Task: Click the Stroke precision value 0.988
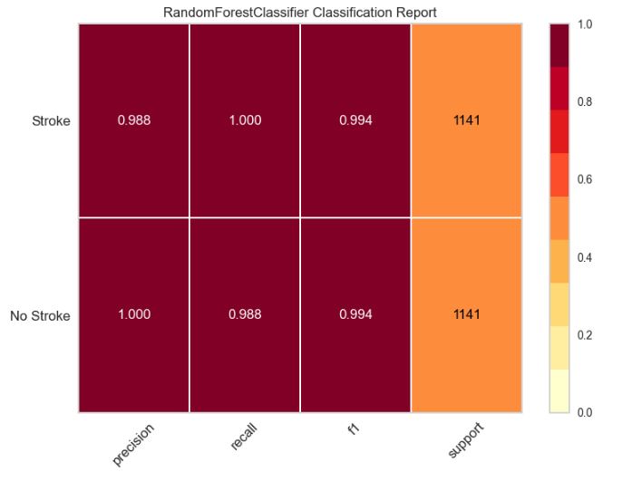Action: (133, 121)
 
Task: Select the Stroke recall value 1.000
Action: (245, 121)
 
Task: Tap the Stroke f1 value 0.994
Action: (355, 121)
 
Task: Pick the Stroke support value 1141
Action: (466, 121)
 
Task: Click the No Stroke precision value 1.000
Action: (133, 315)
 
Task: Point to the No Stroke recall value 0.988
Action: (245, 315)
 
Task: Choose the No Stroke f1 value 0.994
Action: (355, 315)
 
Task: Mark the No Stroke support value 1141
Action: (466, 315)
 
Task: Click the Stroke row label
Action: (50, 121)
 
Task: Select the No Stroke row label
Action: (40, 316)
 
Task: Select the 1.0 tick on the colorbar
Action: (585, 24)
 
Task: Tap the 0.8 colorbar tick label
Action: (585, 102)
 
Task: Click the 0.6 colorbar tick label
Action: (585, 179)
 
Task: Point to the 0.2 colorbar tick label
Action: (585, 335)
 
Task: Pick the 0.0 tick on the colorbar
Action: (585, 413)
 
